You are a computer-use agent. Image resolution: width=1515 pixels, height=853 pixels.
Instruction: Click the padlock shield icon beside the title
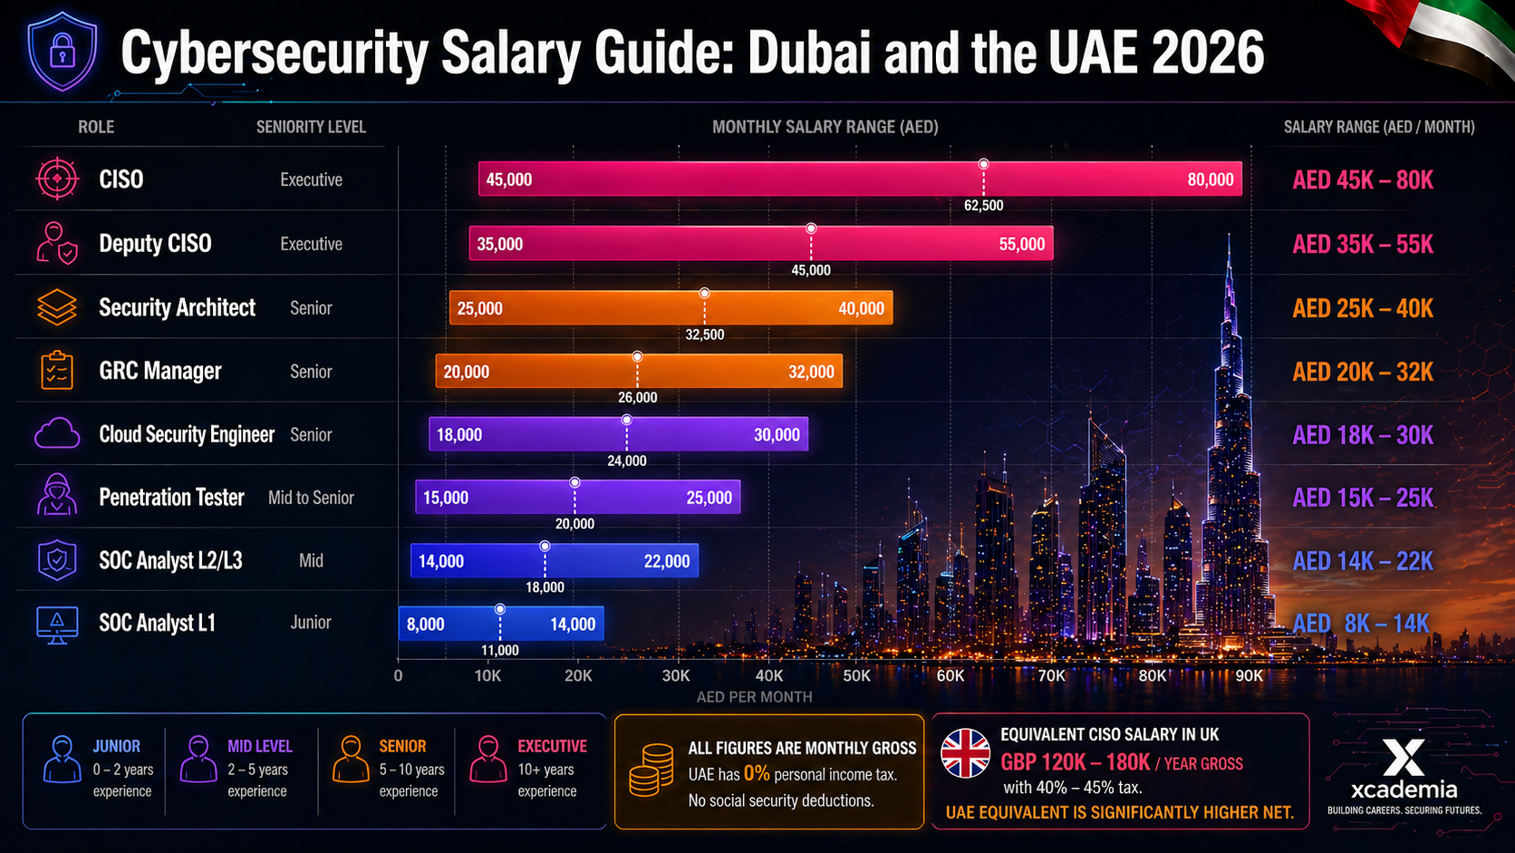pyautogui.click(x=62, y=51)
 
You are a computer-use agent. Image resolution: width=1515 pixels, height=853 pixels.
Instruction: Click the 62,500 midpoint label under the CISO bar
pyautogui.click(x=983, y=206)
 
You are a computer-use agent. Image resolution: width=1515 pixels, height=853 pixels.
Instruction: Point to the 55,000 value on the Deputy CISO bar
pyautogui.click(x=1021, y=244)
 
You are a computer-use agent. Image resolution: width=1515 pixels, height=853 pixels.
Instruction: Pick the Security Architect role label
pyautogui.click(x=177, y=307)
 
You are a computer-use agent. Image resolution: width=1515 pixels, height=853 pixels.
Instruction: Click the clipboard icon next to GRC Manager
pyautogui.click(x=57, y=371)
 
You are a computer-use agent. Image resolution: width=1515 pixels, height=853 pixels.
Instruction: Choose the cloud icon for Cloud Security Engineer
pyautogui.click(x=57, y=434)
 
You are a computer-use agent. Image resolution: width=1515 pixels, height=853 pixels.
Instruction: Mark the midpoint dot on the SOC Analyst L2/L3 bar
pyautogui.click(x=545, y=547)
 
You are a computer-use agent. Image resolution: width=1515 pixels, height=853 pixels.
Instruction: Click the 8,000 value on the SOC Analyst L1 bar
pyautogui.click(x=425, y=625)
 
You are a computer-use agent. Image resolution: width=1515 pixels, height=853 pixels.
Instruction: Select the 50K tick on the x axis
pyautogui.click(x=856, y=675)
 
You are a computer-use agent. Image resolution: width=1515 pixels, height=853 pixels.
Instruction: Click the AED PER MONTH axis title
pyautogui.click(x=754, y=697)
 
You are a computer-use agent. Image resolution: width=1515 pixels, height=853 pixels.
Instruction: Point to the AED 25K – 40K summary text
pyautogui.click(x=1363, y=308)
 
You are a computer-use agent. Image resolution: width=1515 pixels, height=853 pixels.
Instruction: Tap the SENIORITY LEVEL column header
pyautogui.click(x=311, y=127)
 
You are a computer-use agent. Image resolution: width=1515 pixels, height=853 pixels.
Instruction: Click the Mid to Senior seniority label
pyautogui.click(x=311, y=498)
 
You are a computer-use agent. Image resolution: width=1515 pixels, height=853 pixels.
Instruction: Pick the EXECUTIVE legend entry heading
pyautogui.click(x=552, y=746)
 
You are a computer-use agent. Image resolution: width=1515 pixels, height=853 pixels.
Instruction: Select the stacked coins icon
pyautogui.click(x=651, y=771)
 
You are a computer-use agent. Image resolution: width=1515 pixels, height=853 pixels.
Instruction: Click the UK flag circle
pyautogui.click(x=965, y=753)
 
